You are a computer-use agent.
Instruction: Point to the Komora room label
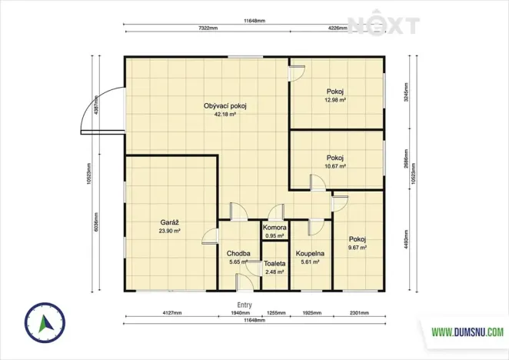(x=275, y=228)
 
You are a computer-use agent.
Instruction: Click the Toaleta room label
(x=275, y=263)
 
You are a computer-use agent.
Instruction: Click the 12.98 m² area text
(x=335, y=100)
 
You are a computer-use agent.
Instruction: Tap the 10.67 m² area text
(x=335, y=165)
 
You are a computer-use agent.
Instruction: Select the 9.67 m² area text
(x=357, y=248)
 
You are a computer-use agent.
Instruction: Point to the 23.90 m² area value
(x=170, y=230)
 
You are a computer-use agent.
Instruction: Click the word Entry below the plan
(x=245, y=305)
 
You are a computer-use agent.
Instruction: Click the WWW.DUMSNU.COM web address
(x=467, y=332)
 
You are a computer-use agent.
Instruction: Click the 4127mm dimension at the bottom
(x=171, y=313)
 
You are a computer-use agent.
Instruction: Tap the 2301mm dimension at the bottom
(x=359, y=313)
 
